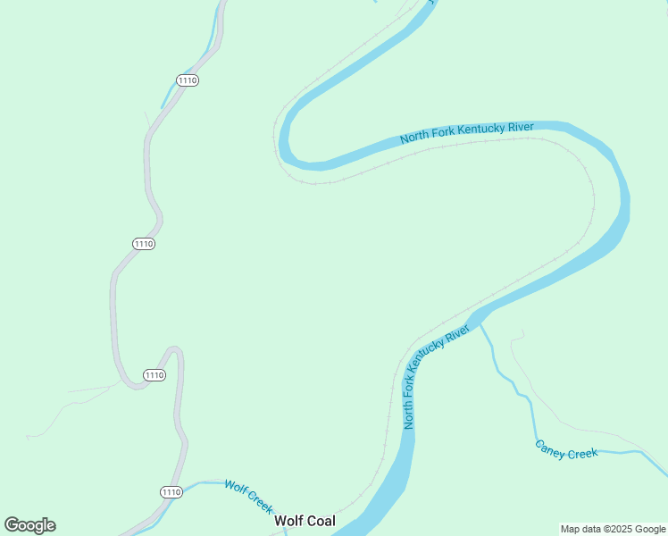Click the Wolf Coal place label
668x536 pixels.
click(x=305, y=521)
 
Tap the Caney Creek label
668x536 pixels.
click(x=566, y=449)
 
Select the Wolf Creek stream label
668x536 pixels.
click(x=248, y=496)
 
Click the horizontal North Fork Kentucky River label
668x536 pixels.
click(x=467, y=132)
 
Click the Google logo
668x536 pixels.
click(x=29, y=525)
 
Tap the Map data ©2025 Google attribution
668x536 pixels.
click(x=613, y=529)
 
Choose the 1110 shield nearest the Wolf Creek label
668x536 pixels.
click(x=171, y=492)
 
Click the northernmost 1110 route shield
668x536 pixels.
click(x=188, y=80)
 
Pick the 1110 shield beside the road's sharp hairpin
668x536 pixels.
click(x=154, y=375)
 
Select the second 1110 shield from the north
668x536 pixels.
click(x=144, y=244)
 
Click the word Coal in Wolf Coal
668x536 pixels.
click(x=319, y=521)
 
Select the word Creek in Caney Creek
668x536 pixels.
click(x=582, y=453)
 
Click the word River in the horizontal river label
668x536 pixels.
click(x=521, y=126)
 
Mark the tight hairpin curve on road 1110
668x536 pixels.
click(x=173, y=350)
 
